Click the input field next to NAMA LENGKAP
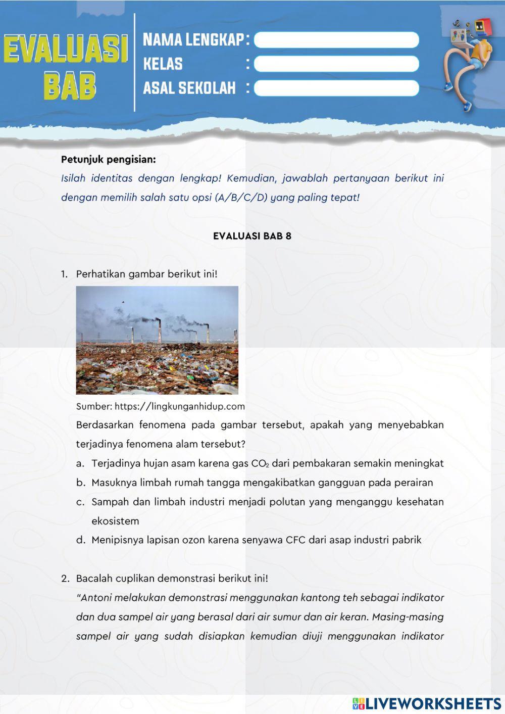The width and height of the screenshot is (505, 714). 336,40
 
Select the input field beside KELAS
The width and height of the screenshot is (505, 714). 336,64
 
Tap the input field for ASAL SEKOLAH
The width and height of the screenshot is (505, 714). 336,88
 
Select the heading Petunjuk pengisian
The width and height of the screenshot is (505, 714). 108,160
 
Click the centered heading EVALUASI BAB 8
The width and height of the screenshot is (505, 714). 252,236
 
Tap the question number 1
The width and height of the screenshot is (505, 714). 64,274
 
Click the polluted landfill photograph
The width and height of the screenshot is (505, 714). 157,340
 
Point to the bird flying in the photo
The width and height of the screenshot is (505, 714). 122,302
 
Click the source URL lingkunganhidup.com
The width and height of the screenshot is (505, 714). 179,406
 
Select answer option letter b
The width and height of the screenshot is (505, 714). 80,483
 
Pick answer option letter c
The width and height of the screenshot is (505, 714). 80,502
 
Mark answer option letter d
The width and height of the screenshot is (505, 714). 80,540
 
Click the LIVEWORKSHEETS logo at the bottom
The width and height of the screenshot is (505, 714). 427,703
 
